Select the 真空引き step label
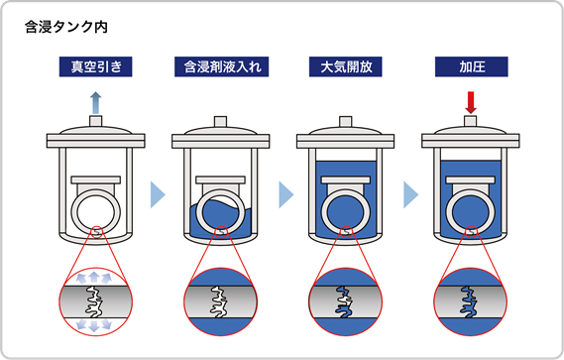pyautogui.click(x=95, y=68)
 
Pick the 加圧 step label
pyautogui.click(x=471, y=68)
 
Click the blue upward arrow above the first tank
pyautogui.click(x=95, y=100)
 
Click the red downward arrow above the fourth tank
pyautogui.click(x=471, y=101)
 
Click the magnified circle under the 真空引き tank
pyautogui.click(x=95, y=299)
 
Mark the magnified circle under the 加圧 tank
pyautogui.click(x=471, y=299)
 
